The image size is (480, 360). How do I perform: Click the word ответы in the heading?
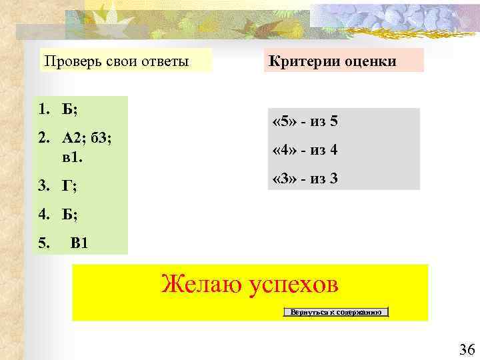pyautogui.click(x=164, y=62)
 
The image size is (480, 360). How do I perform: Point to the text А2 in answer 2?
pyautogui.click(x=72, y=138)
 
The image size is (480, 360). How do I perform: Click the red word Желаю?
pyautogui.click(x=201, y=285)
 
